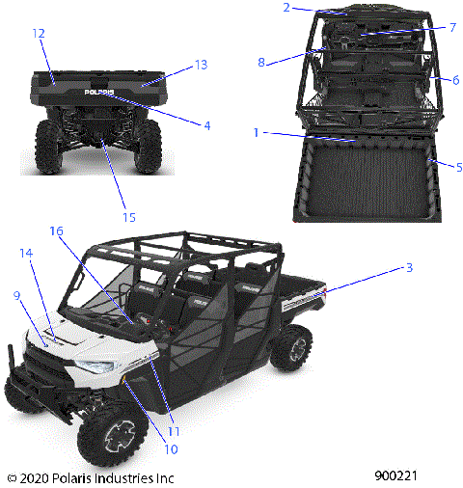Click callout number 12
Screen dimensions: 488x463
coord(38,34)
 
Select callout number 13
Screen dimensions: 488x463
coord(201,65)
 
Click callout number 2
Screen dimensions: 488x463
coord(286,8)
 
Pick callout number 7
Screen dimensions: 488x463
coord(452,27)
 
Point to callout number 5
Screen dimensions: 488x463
coord(458,167)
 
